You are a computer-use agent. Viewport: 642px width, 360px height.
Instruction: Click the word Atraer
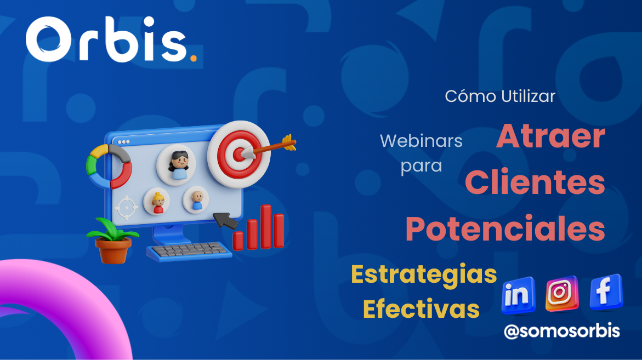pos(550,136)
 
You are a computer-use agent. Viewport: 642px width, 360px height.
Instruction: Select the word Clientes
pos(535,181)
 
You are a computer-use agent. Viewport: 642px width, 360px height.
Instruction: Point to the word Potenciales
pos(505,228)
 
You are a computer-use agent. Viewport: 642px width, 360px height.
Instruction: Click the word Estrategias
pos(424,275)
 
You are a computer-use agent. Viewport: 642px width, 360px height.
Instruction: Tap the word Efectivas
pos(421,309)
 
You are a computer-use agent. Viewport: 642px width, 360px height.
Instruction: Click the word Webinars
pos(421,141)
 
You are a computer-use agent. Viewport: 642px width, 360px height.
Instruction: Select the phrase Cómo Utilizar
pos(500,96)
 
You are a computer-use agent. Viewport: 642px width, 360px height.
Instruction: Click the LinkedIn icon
pos(518,295)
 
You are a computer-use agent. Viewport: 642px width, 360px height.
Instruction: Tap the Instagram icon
pos(562,293)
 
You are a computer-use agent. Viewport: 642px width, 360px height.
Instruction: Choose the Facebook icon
pos(606,292)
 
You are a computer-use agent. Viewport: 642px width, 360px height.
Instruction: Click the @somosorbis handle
pos(562,331)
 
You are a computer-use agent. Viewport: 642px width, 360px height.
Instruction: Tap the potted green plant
pos(113,241)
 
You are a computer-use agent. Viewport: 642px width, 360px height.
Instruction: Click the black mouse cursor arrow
pos(225,220)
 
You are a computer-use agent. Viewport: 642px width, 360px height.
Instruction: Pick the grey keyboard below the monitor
pos(189,251)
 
